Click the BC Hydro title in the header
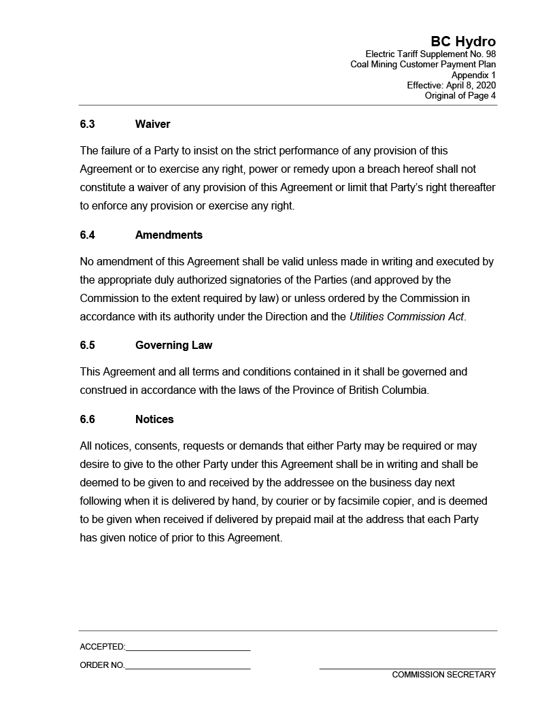click(462, 42)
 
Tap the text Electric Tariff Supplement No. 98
click(430, 54)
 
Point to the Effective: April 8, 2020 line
click(451, 85)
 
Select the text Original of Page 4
click(460, 96)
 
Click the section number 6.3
click(87, 124)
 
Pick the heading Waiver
click(152, 124)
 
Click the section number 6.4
click(87, 235)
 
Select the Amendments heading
click(169, 235)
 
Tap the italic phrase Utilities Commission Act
click(407, 317)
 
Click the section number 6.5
click(87, 346)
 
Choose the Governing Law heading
click(173, 346)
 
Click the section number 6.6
click(87, 420)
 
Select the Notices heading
click(154, 420)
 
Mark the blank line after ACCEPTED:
click(188, 648)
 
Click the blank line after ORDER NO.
click(188, 666)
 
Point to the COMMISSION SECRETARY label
click(443, 675)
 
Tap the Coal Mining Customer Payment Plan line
click(423, 65)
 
